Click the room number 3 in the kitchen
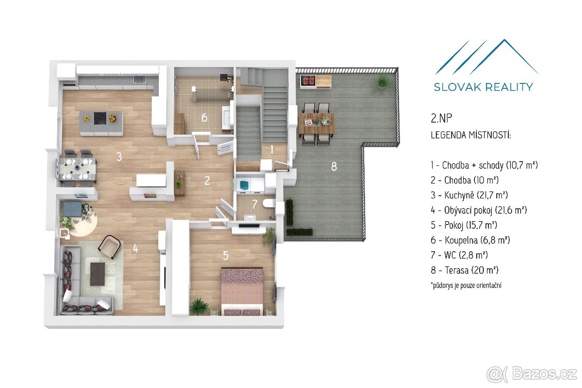click(x=118, y=157)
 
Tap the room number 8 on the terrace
click(x=334, y=166)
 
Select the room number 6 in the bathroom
click(x=204, y=117)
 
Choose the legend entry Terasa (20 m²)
click(x=465, y=270)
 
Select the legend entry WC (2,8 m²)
click(x=459, y=255)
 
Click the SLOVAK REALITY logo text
click(x=483, y=87)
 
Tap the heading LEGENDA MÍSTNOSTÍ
click(x=470, y=135)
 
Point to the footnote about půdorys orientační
click(x=466, y=286)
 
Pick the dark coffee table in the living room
click(x=97, y=274)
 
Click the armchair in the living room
click(x=110, y=246)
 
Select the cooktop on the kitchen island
click(x=100, y=117)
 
